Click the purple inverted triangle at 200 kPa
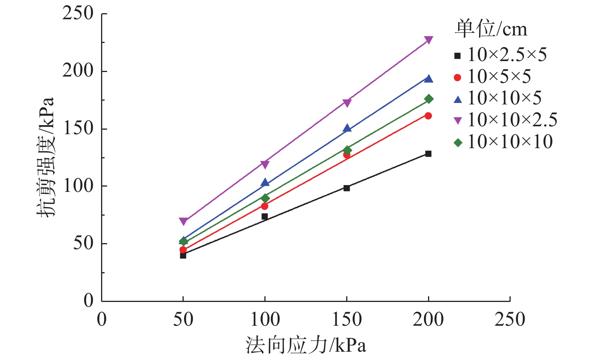(x=428, y=40)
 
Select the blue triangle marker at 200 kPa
(x=428, y=79)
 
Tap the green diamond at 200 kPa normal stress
(x=428, y=99)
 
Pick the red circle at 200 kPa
(x=428, y=116)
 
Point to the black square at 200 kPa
(x=428, y=154)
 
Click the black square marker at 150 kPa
(x=347, y=188)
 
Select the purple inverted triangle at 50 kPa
(x=183, y=221)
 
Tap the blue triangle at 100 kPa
(x=265, y=183)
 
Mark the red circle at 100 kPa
(x=265, y=206)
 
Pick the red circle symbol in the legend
(x=457, y=77)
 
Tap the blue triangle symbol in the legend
(x=457, y=99)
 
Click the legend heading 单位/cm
(x=491, y=29)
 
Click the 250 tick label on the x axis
(x=510, y=320)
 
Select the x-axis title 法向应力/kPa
(x=306, y=345)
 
